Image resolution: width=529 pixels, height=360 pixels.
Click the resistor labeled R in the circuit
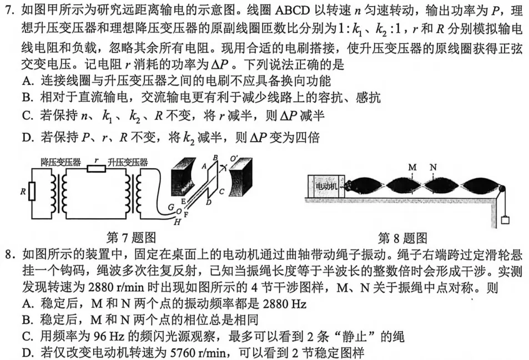coord(32,192)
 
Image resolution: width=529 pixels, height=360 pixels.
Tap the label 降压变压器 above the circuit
coord(61,162)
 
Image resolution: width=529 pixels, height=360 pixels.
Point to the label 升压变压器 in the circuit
coord(128,162)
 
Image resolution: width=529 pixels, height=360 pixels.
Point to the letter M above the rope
coord(412,167)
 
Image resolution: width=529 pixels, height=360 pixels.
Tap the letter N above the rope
coord(433,167)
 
